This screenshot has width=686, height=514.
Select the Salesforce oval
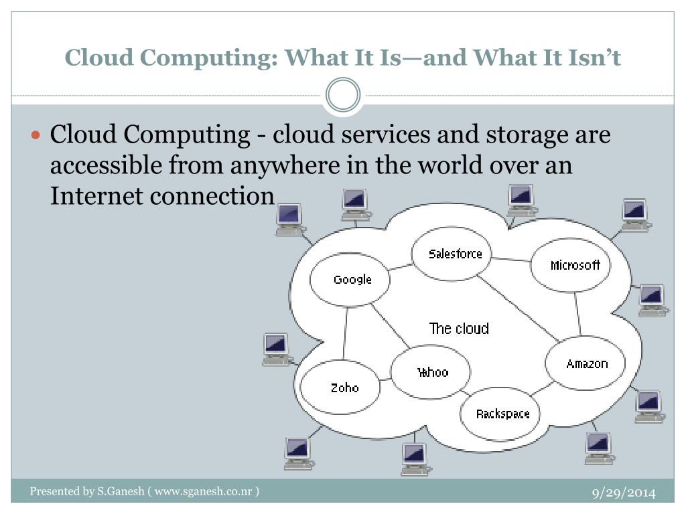coord(456,254)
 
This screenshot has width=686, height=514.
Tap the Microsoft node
coord(574,265)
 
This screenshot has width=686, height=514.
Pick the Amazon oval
coord(586,364)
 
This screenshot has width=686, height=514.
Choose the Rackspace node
coord(502,414)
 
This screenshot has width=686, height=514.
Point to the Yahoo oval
coord(431,372)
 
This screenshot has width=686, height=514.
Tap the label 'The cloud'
coord(459,329)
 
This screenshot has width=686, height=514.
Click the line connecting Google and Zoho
coord(346,333)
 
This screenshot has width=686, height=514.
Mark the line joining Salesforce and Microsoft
coord(511,259)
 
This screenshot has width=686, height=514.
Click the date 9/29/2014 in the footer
coord(622,494)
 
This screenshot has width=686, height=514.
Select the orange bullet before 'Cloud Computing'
coord(38,135)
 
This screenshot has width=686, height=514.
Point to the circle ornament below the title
coord(342,95)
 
